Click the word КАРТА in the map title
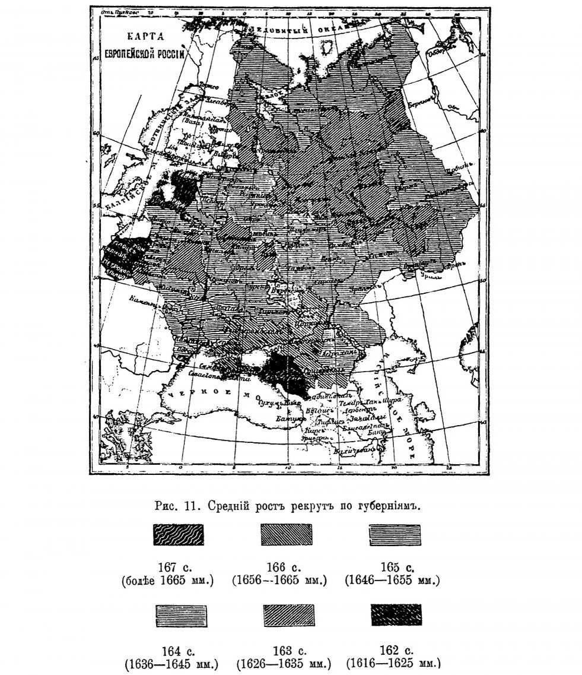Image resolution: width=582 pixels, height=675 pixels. tap(139, 36)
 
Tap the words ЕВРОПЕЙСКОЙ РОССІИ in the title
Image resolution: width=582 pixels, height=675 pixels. tap(144, 52)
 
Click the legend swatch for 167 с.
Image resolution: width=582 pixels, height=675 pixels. tap(179, 535)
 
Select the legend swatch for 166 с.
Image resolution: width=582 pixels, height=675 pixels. tap(287, 535)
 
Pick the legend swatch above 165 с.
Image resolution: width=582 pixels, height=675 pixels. tap(395, 535)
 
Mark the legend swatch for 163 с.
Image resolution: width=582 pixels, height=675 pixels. tap(287, 615)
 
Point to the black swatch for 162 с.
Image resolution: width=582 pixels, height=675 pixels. tap(396, 615)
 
